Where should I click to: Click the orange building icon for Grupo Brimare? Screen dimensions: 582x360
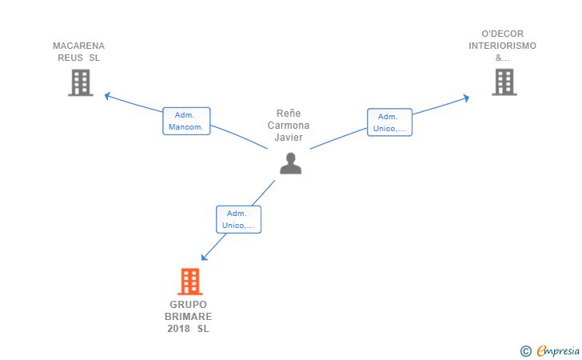[x=190, y=282]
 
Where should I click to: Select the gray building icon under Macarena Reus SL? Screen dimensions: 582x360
[x=81, y=82]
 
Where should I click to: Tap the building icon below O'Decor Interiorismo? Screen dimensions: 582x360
[x=504, y=82]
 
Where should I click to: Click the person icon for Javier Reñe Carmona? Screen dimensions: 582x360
[x=291, y=163]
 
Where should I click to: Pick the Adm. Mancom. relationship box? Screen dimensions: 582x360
[x=186, y=121]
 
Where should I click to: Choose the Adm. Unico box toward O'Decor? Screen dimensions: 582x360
[x=389, y=122]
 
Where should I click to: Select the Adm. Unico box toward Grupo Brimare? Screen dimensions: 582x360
[x=238, y=219]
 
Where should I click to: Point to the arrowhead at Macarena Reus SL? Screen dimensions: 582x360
[x=107, y=96]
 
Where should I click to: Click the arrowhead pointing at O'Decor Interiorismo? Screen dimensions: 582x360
[x=467, y=98]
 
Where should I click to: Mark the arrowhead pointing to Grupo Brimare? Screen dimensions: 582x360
[x=203, y=257]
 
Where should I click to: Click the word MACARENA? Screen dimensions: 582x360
[x=78, y=46]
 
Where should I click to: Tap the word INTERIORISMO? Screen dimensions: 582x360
[x=502, y=46]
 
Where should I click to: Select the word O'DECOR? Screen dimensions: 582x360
[x=503, y=34]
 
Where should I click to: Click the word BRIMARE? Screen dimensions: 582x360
[x=188, y=317]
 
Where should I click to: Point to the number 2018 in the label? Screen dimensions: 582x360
[x=178, y=329]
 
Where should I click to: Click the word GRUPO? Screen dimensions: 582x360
[x=188, y=305]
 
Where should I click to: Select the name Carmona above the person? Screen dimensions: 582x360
[x=289, y=126]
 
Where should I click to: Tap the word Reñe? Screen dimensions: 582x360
[x=289, y=114]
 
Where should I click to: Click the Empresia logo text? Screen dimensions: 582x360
[x=558, y=350]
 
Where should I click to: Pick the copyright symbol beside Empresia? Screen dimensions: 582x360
[x=526, y=351]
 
